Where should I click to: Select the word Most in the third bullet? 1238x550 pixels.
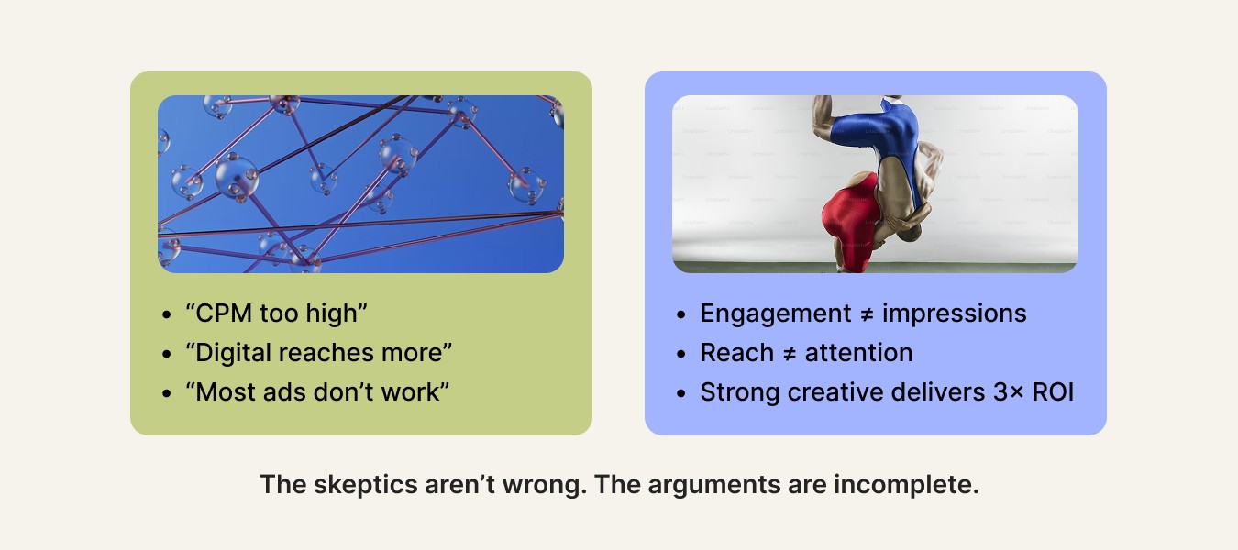click(x=226, y=392)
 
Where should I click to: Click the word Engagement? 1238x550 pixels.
click(x=776, y=313)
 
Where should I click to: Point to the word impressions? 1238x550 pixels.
click(x=954, y=313)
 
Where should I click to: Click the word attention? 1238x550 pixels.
click(x=858, y=352)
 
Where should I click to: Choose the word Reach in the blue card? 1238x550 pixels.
click(x=736, y=352)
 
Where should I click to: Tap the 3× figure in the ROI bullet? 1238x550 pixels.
click(x=1008, y=392)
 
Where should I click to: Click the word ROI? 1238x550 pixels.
click(x=1053, y=392)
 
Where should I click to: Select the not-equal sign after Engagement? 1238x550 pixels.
click(x=867, y=314)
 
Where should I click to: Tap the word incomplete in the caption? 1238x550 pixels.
click(x=906, y=485)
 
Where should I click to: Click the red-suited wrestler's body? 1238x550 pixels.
click(x=850, y=221)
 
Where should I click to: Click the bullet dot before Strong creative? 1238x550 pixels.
click(x=680, y=393)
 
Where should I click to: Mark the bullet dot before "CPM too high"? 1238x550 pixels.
click(x=167, y=314)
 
